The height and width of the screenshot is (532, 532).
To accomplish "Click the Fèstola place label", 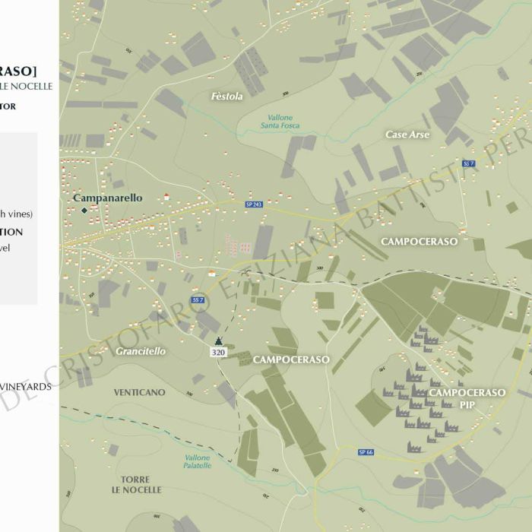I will [x=227, y=97].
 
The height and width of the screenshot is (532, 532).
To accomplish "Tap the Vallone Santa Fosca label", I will [x=280, y=121].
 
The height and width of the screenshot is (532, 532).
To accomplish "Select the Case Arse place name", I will [x=407, y=135].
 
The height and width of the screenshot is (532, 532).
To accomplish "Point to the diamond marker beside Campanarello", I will [x=84, y=209].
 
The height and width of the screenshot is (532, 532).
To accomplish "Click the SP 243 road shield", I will [x=254, y=204].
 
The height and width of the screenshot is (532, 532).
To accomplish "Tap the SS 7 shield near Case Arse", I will [x=468, y=163].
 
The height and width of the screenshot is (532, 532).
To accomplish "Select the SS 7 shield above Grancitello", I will [x=197, y=300].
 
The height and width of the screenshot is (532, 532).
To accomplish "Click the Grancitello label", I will [x=141, y=352].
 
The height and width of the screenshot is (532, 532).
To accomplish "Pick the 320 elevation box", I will [x=219, y=352].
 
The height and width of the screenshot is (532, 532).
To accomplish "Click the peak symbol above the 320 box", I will [x=219, y=340].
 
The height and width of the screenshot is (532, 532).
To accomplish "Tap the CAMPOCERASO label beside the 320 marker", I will [x=291, y=359].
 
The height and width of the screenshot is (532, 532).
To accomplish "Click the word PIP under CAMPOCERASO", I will [x=467, y=405].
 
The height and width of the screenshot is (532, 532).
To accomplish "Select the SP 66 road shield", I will [x=366, y=452].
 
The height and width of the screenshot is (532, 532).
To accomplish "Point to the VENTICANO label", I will [x=139, y=392].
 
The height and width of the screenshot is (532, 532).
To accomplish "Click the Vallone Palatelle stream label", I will [x=197, y=461].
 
